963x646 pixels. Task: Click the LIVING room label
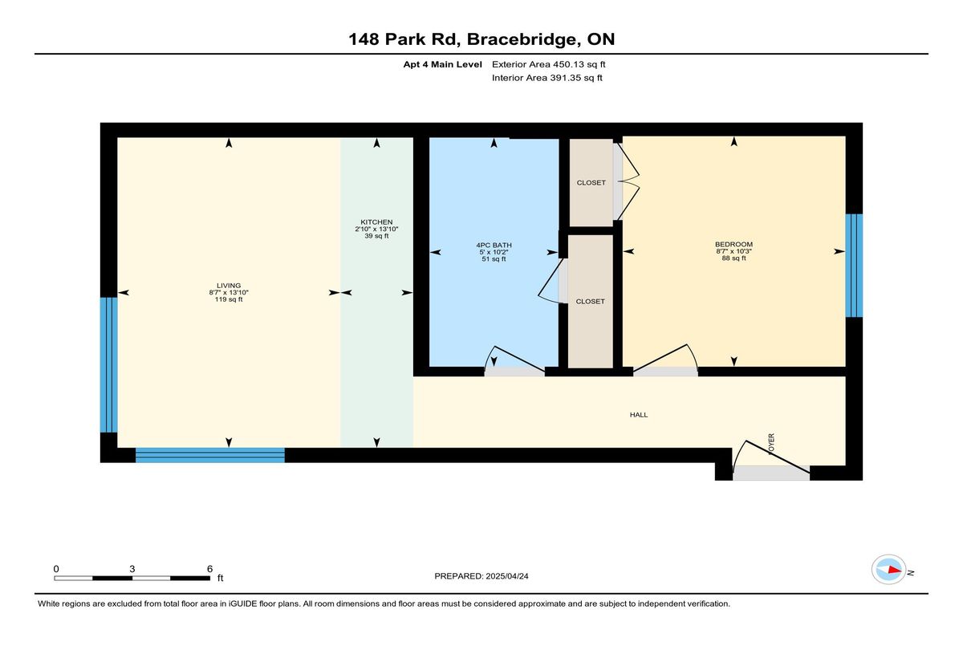(x=229, y=286)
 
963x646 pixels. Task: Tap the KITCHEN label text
(x=376, y=222)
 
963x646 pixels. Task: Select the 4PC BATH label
(x=494, y=246)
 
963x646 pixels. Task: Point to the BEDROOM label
(x=733, y=245)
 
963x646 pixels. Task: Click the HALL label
(x=639, y=415)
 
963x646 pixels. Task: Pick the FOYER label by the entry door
(x=771, y=444)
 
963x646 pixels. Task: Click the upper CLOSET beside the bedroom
(x=591, y=183)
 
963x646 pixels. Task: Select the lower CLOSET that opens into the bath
(x=591, y=301)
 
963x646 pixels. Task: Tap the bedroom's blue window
(x=854, y=266)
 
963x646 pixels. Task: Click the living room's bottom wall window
(x=210, y=455)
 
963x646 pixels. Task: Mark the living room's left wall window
(x=109, y=365)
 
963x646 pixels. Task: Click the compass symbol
(x=888, y=570)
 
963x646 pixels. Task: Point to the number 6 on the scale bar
(x=209, y=569)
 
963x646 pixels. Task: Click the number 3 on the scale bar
(x=132, y=569)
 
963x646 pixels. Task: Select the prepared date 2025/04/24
(x=507, y=576)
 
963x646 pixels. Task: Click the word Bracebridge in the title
(x=522, y=39)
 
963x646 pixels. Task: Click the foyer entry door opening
(x=771, y=473)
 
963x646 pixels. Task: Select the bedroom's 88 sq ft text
(x=733, y=258)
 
